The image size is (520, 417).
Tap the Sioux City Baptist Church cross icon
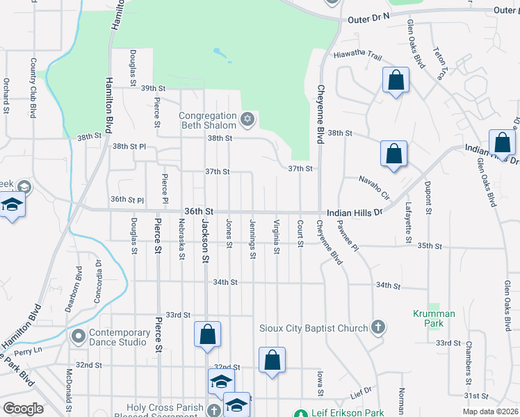click(378, 327)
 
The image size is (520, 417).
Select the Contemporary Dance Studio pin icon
click(77, 337)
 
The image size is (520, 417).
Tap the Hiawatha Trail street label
click(358, 55)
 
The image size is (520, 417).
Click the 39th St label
click(153, 88)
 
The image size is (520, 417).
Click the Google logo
click(23, 409)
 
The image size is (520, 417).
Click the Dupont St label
click(428, 197)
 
